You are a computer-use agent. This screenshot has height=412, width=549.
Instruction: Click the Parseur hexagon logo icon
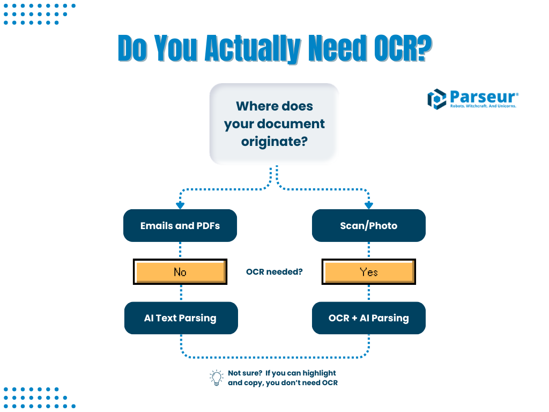[x=436, y=99]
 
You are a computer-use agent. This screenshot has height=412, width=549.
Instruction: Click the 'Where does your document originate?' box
[x=274, y=123]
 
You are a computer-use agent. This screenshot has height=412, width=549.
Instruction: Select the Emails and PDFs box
[x=180, y=225]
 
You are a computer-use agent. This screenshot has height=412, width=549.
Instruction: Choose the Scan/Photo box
[x=369, y=225]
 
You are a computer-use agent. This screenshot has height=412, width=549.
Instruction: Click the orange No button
[x=180, y=272]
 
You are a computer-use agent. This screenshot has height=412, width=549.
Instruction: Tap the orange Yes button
[x=369, y=272]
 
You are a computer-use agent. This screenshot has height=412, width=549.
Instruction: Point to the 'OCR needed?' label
[x=274, y=272]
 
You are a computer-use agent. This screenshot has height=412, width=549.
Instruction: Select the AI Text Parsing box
[x=180, y=318]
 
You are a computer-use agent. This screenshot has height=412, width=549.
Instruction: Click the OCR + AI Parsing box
[x=369, y=318]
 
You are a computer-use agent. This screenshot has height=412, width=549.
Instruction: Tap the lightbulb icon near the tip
[x=216, y=378]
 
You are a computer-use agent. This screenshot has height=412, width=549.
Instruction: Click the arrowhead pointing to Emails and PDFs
[x=180, y=205]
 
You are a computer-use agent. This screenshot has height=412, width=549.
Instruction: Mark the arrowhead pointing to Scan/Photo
[x=369, y=205]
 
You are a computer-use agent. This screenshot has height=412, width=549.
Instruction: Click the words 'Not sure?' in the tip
[x=244, y=373]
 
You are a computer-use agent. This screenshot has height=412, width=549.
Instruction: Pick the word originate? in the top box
[x=274, y=142]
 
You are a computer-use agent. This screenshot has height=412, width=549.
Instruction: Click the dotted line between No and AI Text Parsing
[x=181, y=293]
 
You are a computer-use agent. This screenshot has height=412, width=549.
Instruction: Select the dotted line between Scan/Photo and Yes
[x=369, y=251]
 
